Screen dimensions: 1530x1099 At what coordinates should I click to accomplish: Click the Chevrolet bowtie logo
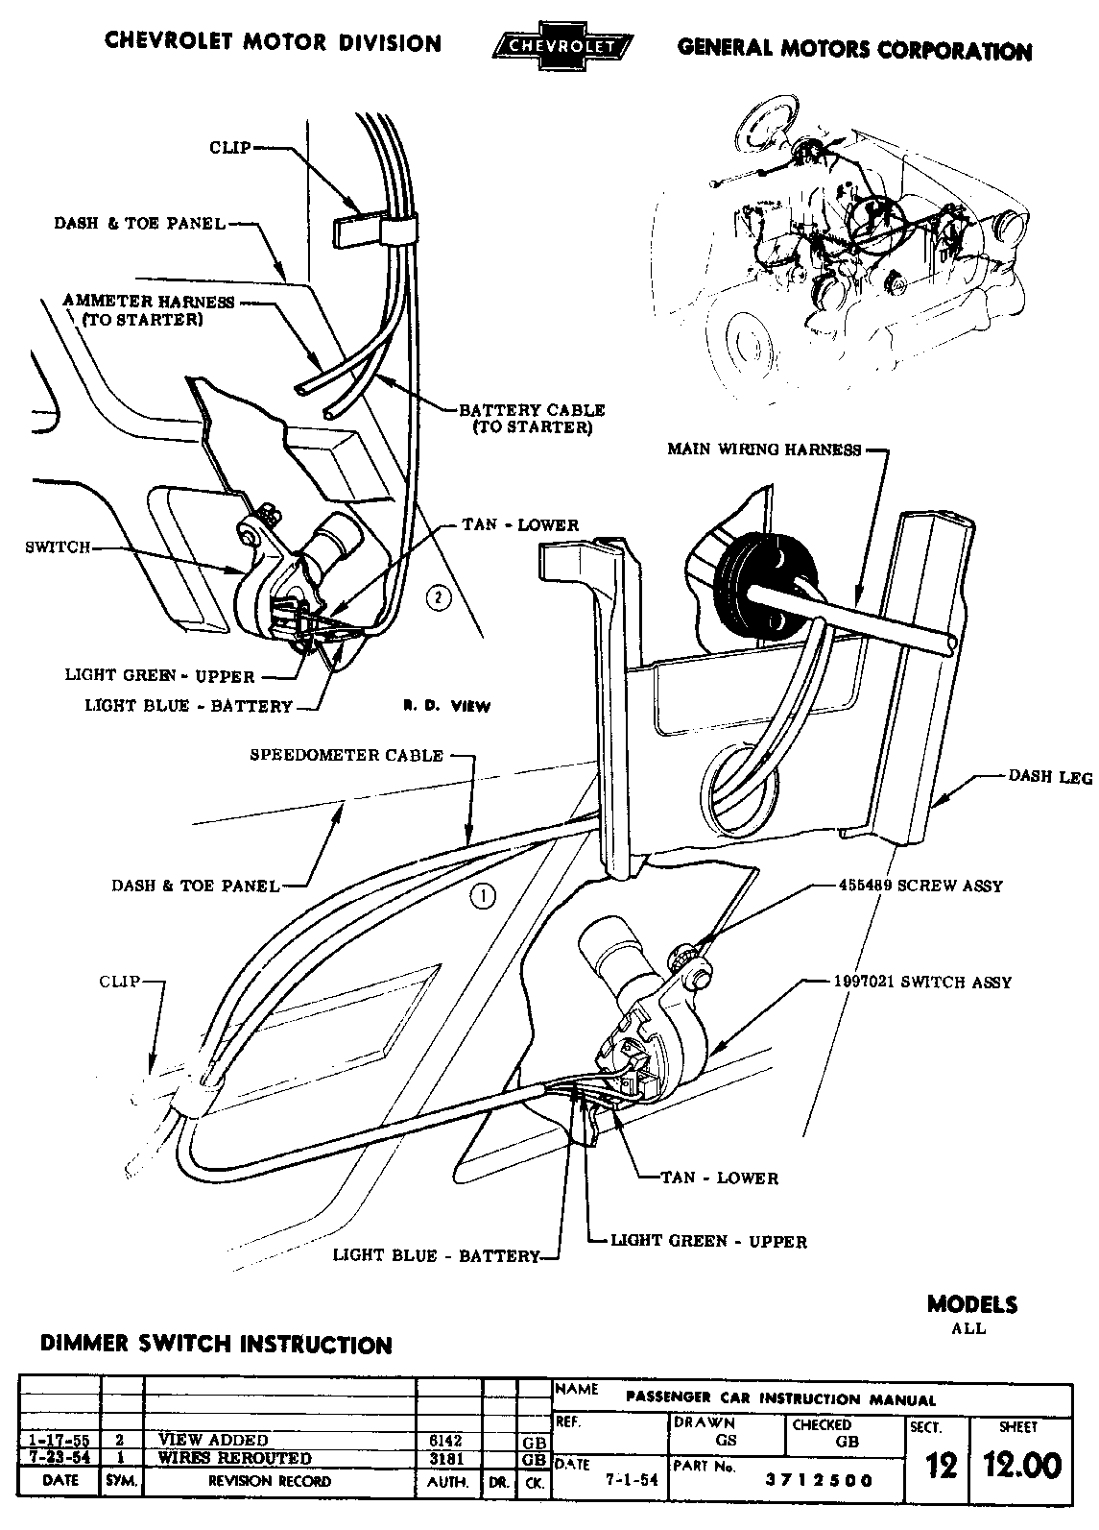click(561, 46)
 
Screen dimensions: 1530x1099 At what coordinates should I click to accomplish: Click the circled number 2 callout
click(438, 597)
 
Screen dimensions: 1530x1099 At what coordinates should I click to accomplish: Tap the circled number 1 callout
click(483, 896)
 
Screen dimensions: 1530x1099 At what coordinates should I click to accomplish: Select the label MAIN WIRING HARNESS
click(764, 449)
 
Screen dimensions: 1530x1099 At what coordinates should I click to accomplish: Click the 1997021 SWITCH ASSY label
click(921, 983)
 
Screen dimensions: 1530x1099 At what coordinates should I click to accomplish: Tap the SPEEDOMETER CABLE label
click(346, 756)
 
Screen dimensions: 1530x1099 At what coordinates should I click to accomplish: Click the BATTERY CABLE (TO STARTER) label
click(532, 418)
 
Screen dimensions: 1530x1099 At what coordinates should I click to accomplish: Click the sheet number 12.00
click(1021, 1467)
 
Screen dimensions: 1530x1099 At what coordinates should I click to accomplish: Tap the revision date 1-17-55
click(60, 1441)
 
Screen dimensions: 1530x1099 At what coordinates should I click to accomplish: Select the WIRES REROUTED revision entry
click(235, 1458)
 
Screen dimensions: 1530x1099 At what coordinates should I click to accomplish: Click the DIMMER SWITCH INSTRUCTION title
click(216, 1345)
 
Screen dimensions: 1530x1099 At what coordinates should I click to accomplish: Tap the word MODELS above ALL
click(971, 1304)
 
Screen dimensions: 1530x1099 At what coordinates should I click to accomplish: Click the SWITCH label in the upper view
click(57, 547)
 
